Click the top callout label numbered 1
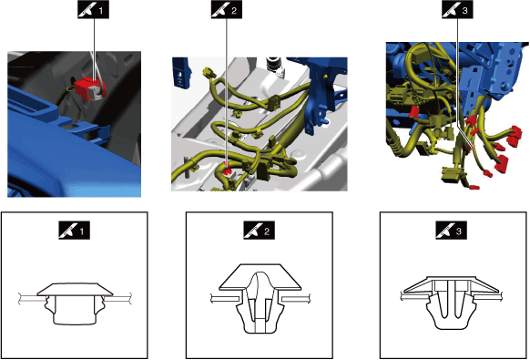93,11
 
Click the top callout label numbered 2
227,11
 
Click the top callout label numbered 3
457,11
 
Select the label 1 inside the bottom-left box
75,231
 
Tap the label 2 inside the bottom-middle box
260,231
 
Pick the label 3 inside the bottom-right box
452,231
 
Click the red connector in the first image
87,88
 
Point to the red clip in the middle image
227,168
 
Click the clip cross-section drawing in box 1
75,303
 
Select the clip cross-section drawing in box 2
260,298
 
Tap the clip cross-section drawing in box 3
451,303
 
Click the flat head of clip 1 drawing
75,289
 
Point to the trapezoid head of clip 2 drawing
260,276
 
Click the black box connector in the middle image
262,171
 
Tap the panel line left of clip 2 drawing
225,298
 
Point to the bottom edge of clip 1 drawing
75,324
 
